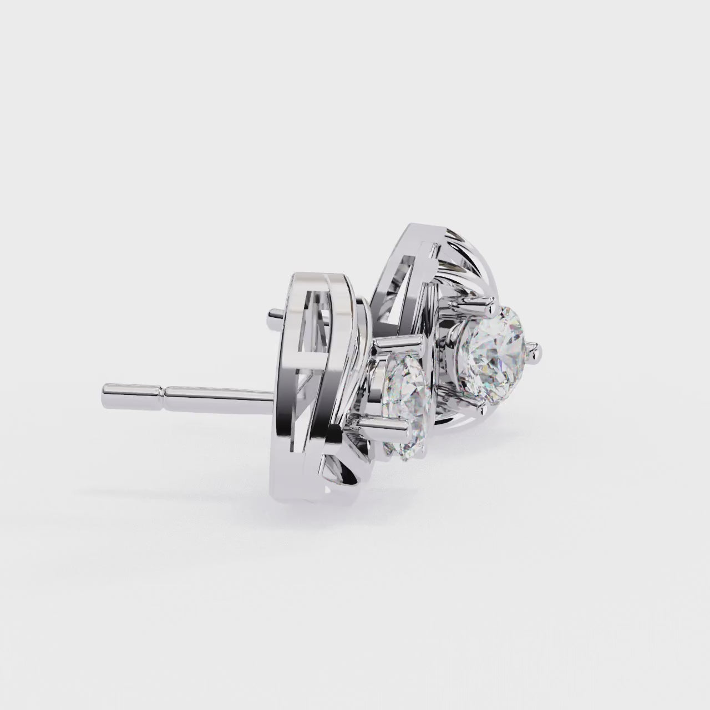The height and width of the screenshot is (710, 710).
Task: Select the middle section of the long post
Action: pyautogui.click(x=222, y=394)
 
